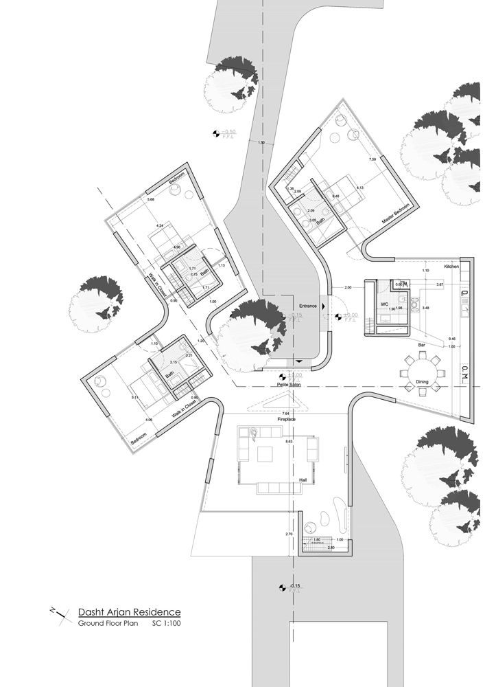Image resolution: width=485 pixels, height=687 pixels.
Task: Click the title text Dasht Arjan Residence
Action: coord(128,611)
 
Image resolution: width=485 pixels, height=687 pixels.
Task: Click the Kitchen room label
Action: coord(451,265)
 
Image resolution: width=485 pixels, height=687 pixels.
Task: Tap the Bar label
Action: coord(421,343)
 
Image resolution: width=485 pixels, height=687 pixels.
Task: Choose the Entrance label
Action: coord(307,305)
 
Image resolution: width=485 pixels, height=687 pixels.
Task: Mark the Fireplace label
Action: coord(286,418)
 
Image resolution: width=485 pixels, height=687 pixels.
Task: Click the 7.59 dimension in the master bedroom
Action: coord(372,159)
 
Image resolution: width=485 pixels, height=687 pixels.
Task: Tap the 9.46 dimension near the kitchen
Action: coord(451,339)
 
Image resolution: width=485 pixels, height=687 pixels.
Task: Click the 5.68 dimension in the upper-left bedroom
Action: coord(152,200)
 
